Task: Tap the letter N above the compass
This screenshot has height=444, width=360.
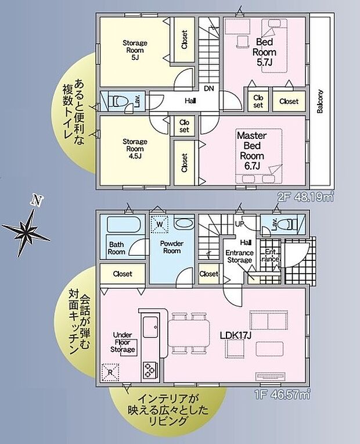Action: (37, 200)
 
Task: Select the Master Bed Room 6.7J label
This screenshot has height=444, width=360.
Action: (251, 151)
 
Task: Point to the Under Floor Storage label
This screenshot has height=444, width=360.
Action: (123, 342)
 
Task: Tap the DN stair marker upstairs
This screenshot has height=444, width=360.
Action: (208, 88)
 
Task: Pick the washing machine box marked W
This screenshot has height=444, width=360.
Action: (159, 223)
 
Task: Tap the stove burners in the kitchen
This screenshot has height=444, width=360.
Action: (149, 368)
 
